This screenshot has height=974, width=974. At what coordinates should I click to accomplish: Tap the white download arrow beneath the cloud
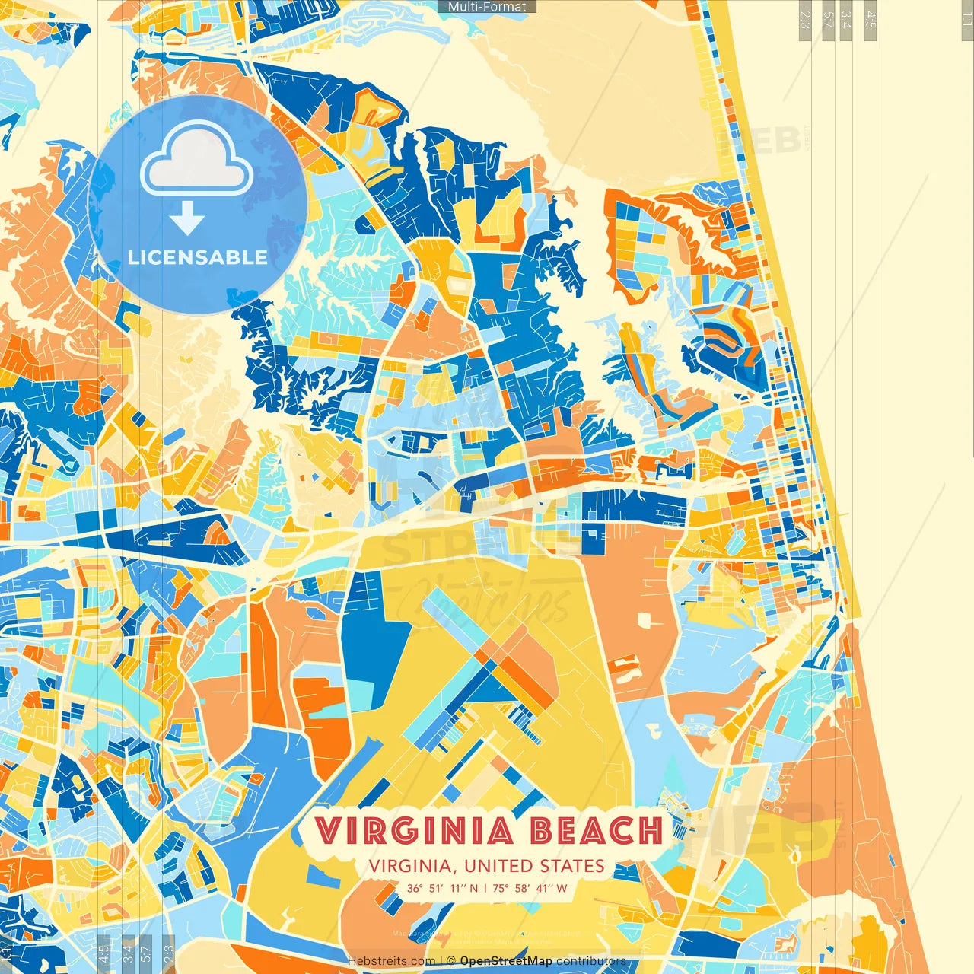pyautogui.click(x=187, y=219)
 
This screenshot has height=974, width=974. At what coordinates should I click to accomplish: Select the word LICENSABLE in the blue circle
pyautogui.click(x=197, y=257)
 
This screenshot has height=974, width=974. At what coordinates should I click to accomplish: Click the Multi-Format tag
pyautogui.click(x=487, y=7)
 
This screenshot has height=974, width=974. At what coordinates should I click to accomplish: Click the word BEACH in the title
pyautogui.click(x=596, y=831)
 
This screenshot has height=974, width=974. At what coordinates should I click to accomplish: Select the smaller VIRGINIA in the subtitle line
pyautogui.click(x=412, y=866)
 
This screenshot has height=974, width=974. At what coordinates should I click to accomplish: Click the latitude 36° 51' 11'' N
pyautogui.click(x=442, y=888)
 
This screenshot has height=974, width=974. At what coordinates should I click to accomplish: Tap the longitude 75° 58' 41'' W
pyautogui.click(x=530, y=888)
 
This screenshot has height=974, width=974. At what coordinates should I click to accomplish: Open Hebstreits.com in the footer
pyautogui.click(x=391, y=961)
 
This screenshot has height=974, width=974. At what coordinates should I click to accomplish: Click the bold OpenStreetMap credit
pyautogui.click(x=506, y=961)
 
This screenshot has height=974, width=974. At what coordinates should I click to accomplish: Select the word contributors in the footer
pyautogui.click(x=591, y=961)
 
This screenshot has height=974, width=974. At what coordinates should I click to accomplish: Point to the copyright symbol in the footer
pyautogui.click(x=451, y=961)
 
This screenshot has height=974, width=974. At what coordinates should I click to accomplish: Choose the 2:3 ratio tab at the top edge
pyautogui.click(x=805, y=19)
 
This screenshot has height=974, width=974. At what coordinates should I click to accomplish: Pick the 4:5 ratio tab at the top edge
pyautogui.click(x=871, y=19)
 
